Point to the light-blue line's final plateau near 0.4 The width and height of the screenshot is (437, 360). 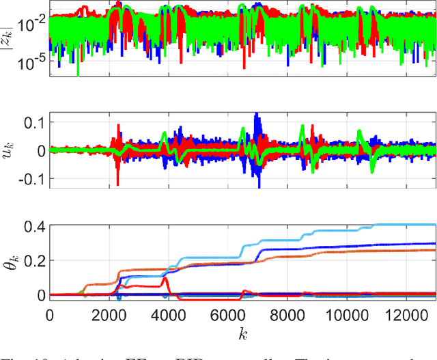click(x=417, y=224)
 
